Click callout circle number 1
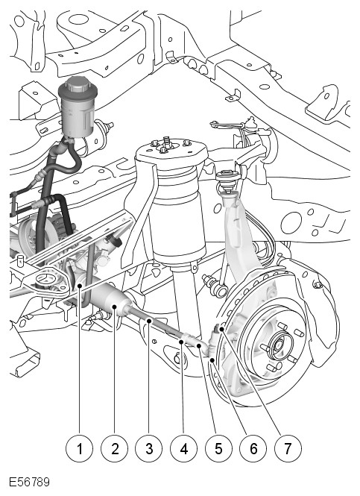(79, 448)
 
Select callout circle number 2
(115, 448)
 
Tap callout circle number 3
(149, 448)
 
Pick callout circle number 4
(183, 448)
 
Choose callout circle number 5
(218, 448)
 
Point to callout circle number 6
(253, 448)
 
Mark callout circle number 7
(288, 448)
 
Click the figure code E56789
(29, 483)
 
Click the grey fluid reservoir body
(77, 116)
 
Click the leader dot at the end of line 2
(115, 307)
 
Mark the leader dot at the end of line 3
(149, 321)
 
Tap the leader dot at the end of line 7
(222, 330)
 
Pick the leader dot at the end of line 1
(80, 286)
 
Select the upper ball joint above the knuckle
(227, 182)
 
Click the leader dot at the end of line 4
(182, 342)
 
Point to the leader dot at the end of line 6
(212, 360)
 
